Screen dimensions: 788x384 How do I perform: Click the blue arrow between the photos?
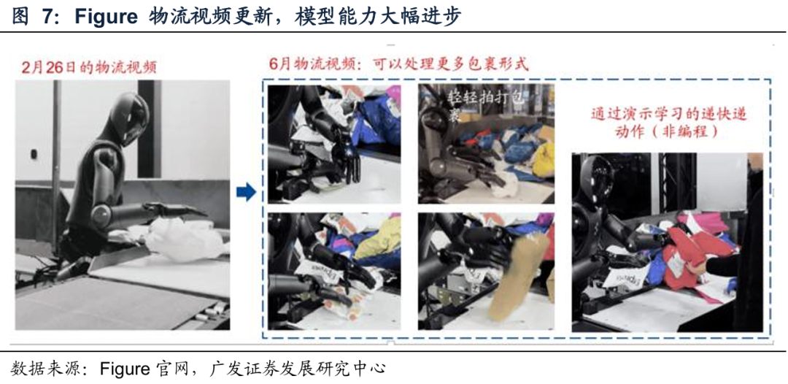(247, 193)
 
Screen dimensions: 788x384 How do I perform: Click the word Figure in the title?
(106, 17)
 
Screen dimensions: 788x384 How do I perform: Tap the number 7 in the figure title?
(47, 17)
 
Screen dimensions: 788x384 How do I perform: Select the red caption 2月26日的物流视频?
(88, 68)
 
